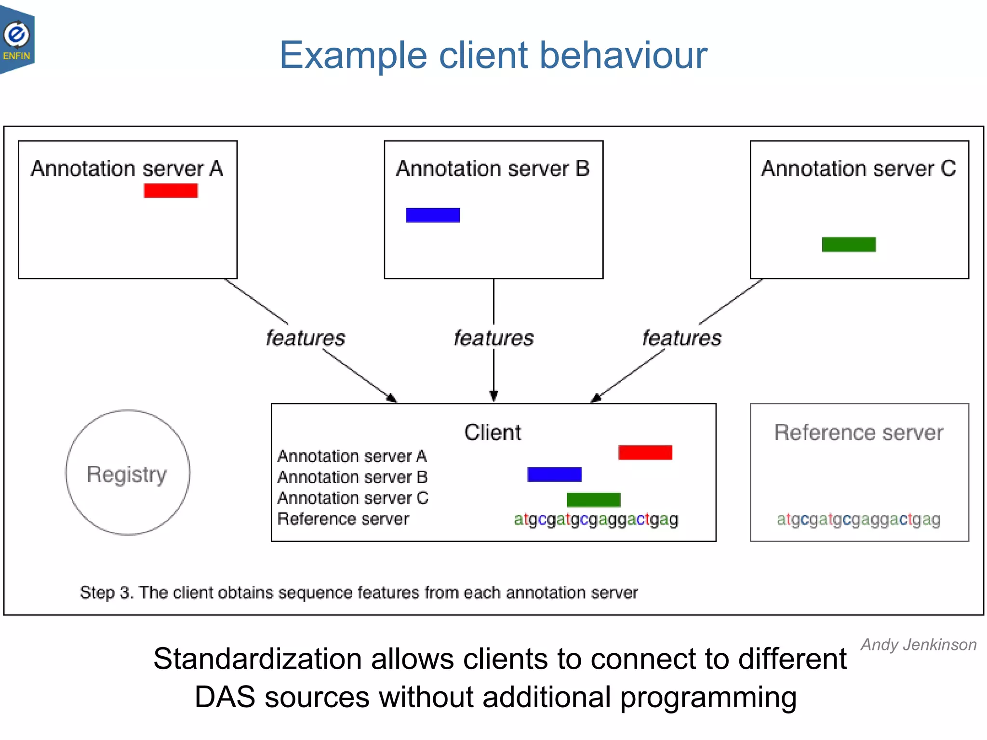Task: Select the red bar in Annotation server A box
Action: [x=171, y=191]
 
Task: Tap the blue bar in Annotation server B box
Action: [x=433, y=215]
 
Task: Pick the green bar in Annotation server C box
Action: [x=849, y=245]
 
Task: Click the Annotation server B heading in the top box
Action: [x=493, y=169]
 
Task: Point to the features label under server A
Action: [x=306, y=338]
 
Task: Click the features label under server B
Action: [x=493, y=338]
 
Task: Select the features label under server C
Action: [x=681, y=338]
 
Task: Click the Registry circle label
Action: [x=127, y=474]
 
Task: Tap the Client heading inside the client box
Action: [x=493, y=432]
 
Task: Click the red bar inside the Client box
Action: [x=645, y=452]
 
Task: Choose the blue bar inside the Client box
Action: [x=554, y=475]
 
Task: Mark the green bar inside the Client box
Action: [x=593, y=500]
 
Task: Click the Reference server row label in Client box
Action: [x=343, y=519]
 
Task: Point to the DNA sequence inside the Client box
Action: [x=596, y=519]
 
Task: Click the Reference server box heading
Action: [x=859, y=432]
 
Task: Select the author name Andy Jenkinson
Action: [x=919, y=645]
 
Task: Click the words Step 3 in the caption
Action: [x=106, y=593]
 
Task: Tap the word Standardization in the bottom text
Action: [x=257, y=659]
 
